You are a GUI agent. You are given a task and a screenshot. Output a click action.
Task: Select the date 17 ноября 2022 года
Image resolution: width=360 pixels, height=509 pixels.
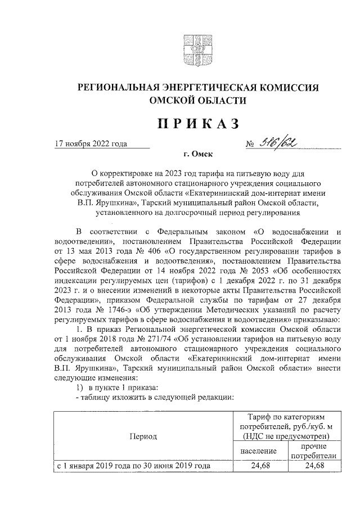click(x=91, y=143)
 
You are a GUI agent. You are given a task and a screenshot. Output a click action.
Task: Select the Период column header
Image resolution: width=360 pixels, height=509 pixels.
click(x=143, y=435)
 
